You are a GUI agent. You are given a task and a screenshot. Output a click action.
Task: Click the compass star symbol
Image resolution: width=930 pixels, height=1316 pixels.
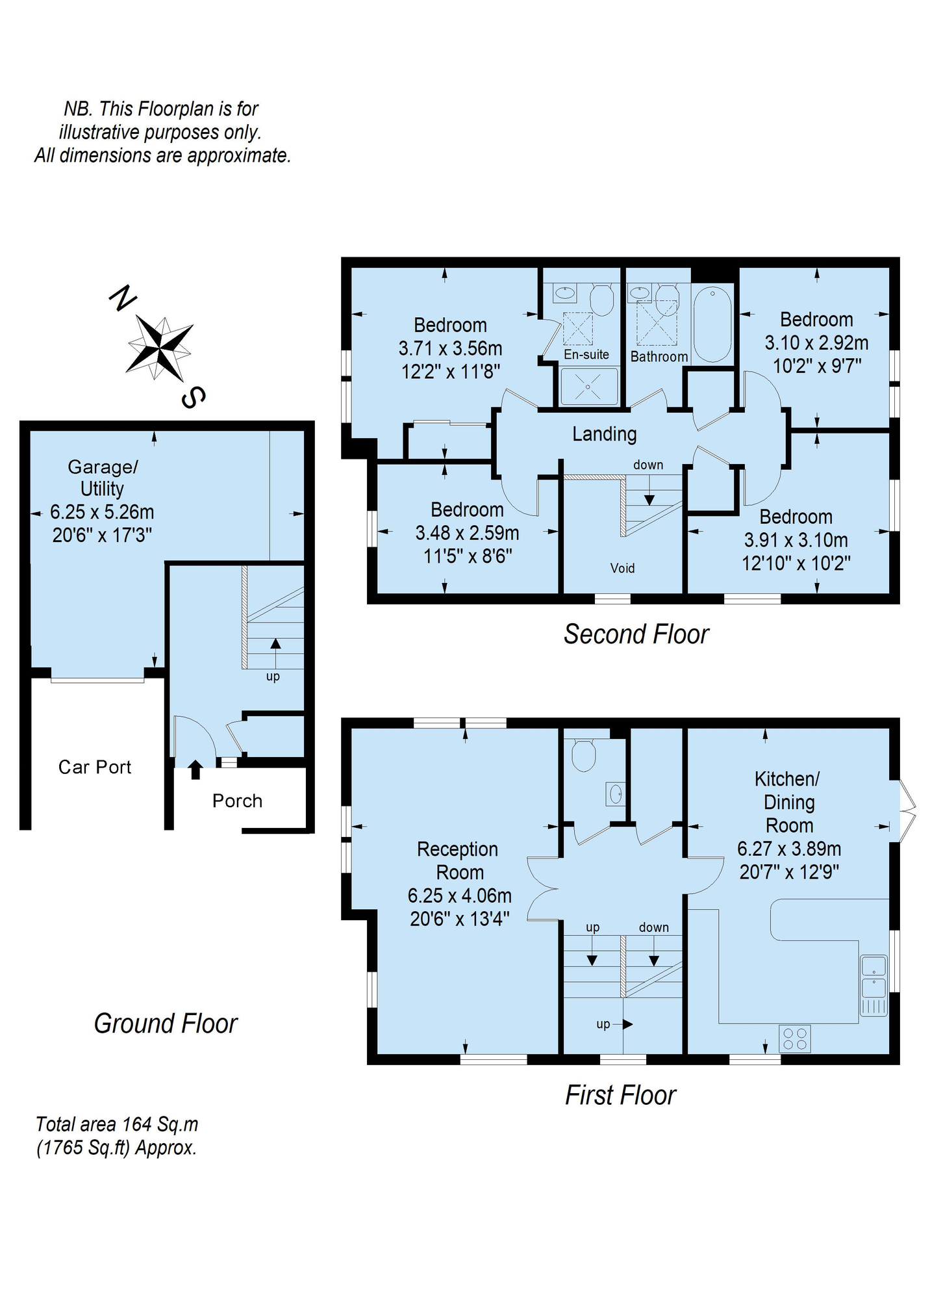coord(160,348)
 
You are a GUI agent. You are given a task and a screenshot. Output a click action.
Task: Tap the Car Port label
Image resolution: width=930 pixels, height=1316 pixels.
coord(95,767)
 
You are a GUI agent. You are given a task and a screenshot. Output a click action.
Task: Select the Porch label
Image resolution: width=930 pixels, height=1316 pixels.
coord(237,801)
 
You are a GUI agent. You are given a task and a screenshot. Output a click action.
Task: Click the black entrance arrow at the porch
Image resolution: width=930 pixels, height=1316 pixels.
coord(195,769)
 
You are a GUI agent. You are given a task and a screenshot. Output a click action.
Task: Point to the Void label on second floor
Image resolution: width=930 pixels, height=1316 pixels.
coord(622,568)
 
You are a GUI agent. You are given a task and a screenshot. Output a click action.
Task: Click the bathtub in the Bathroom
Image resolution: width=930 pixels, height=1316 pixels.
coord(712,324)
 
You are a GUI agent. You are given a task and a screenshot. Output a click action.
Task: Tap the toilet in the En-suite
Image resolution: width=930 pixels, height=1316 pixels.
coord(601,300)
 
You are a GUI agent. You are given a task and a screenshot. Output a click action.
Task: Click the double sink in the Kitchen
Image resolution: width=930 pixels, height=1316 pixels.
coord(873,985)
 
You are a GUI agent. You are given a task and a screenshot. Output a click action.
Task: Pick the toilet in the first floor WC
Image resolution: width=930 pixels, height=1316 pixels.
coord(583,755)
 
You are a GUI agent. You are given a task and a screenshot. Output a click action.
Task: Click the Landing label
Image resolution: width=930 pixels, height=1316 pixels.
coord(604,433)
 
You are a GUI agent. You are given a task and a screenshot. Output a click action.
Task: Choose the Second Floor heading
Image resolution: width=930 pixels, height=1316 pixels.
coord(636,634)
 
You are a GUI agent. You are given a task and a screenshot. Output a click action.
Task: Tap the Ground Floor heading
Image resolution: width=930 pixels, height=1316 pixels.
coord(166,1024)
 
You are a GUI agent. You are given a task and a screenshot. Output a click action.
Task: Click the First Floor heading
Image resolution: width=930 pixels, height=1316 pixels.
coord(620,1095)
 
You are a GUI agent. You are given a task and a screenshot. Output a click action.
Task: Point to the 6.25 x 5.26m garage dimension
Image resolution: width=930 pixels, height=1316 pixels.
coord(102,512)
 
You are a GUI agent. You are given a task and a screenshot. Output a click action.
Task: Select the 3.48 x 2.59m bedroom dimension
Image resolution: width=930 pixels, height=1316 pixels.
coord(467,533)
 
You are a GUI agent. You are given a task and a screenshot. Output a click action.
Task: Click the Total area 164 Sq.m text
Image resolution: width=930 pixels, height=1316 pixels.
coord(117,1124)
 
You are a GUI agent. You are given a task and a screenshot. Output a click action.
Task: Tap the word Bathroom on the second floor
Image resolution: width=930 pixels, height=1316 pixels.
coord(659,356)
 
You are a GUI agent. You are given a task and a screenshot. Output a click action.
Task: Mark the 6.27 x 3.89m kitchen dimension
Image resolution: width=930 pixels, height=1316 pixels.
coord(789,849)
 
